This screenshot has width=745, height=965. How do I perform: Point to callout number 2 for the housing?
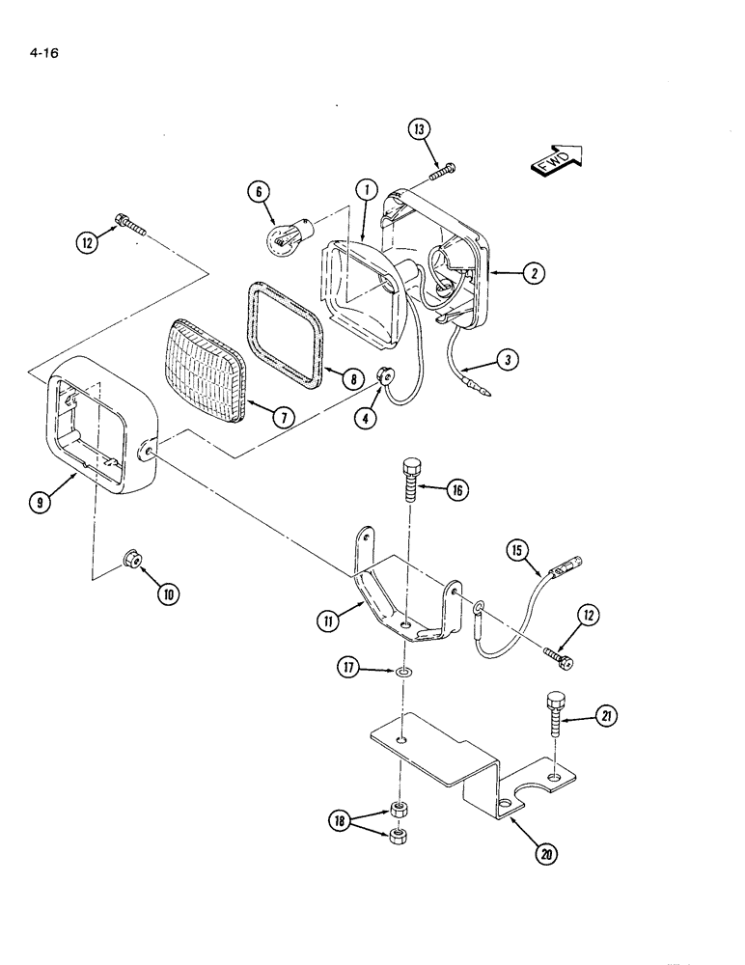(x=530, y=274)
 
